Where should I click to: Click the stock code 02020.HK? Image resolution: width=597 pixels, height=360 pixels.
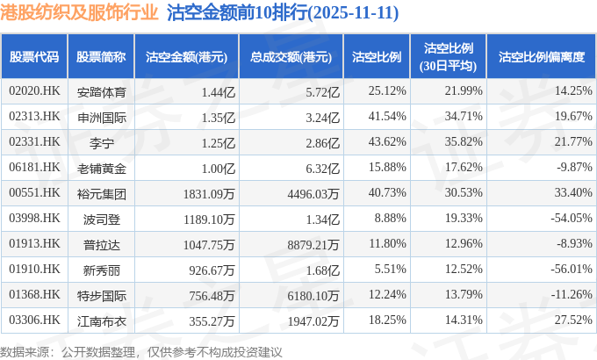click(x=34, y=90)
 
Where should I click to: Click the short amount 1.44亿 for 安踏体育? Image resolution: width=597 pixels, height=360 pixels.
click(x=219, y=90)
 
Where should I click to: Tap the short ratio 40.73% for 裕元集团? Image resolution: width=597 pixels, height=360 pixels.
click(x=387, y=193)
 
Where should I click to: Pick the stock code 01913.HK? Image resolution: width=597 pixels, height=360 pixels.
click(x=34, y=244)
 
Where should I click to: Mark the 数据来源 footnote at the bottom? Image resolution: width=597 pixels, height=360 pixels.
click(x=141, y=351)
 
